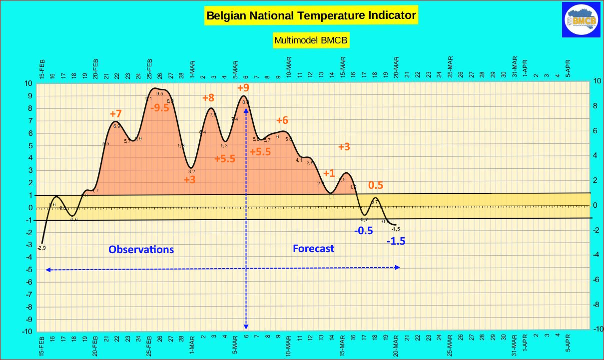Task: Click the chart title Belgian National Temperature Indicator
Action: (x=311, y=15)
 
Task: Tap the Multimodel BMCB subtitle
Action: (x=311, y=40)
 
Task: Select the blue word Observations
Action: (x=141, y=249)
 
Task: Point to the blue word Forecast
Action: (x=313, y=248)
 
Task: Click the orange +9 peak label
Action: (x=243, y=88)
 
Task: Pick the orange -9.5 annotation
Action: (x=160, y=108)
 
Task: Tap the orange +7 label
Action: (x=116, y=114)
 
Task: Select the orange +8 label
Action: (x=208, y=98)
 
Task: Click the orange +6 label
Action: (x=282, y=120)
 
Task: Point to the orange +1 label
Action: (x=329, y=173)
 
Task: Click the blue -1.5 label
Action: (x=396, y=241)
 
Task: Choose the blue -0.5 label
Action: (x=363, y=231)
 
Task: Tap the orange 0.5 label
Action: (x=376, y=185)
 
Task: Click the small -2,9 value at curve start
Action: (x=41, y=248)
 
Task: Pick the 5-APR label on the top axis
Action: (x=568, y=66)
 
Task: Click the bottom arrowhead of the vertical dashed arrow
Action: (x=246, y=327)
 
